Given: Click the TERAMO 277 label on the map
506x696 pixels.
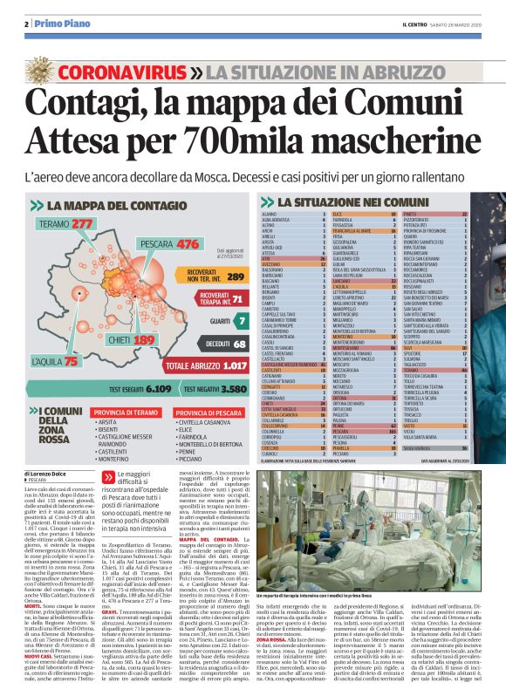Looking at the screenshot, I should tap(72, 224).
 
